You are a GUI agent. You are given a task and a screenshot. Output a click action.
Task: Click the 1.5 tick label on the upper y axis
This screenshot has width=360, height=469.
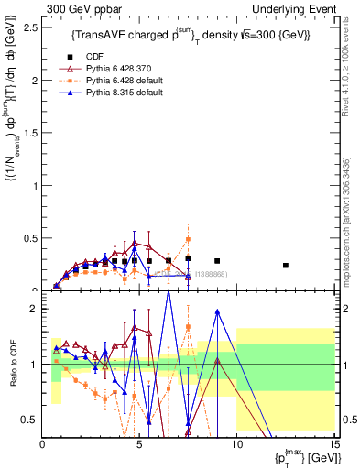coord(30,133)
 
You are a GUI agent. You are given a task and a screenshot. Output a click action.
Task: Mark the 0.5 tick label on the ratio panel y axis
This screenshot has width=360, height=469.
coord(30,420)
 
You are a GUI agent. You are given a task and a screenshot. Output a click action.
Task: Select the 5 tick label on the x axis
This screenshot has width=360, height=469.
coord(139,443)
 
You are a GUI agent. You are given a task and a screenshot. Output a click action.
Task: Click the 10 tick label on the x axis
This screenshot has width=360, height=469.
coord(235,443)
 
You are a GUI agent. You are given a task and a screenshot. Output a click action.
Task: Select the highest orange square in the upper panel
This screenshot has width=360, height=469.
coord(188,239)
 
